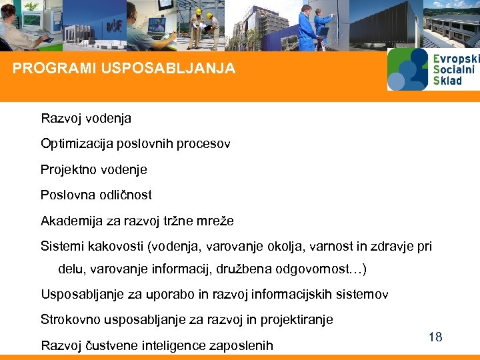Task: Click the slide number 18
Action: point(435,337)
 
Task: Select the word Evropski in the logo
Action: point(456,59)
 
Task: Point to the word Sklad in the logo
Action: point(447,81)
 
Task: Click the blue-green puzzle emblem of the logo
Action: point(407,69)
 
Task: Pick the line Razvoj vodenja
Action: point(86,119)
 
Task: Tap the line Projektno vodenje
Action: point(93,169)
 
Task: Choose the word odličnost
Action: point(126,195)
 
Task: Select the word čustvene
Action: point(109,345)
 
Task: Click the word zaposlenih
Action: point(241,345)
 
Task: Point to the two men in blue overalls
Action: point(315,27)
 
